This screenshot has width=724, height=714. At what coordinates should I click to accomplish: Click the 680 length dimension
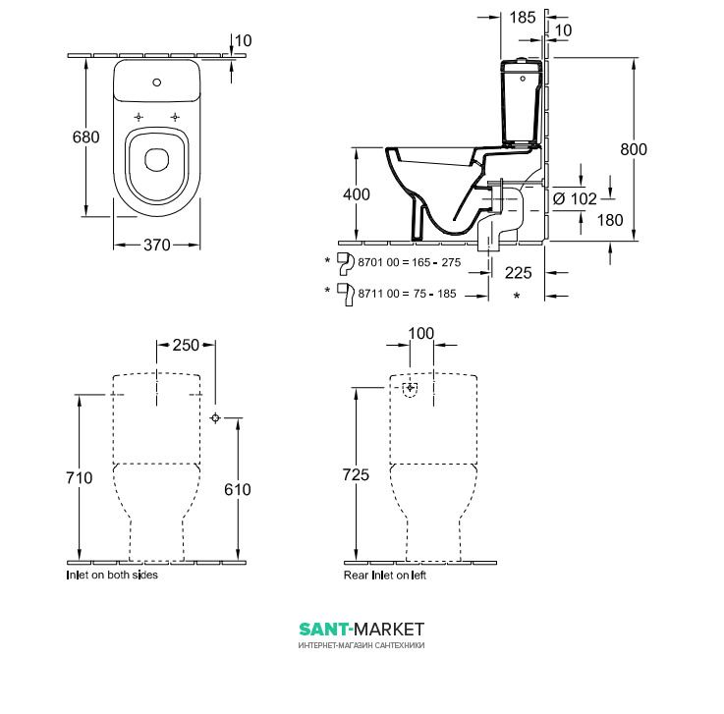click(x=85, y=137)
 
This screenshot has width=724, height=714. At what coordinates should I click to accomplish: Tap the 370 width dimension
click(x=157, y=245)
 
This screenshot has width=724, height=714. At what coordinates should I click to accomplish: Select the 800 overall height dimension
click(x=634, y=149)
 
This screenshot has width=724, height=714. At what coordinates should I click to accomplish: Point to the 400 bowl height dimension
click(x=357, y=194)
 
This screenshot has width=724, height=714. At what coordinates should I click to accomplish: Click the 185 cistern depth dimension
click(x=523, y=18)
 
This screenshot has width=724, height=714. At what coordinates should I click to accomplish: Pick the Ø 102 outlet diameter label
click(x=575, y=199)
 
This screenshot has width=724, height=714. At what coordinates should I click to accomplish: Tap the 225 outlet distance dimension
click(x=518, y=273)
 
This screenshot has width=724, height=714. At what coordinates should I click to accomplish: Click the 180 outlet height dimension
click(x=610, y=220)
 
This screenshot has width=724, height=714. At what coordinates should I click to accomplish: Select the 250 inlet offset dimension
click(x=186, y=345)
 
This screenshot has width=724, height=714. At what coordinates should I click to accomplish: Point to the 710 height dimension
click(x=80, y=477)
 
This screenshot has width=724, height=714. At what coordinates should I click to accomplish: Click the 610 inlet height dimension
click(x=238, y=489)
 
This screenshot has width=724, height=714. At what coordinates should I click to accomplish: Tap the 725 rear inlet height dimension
click(x=356, y=474)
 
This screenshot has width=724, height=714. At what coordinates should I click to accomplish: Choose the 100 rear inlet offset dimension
click(x=421, y=333)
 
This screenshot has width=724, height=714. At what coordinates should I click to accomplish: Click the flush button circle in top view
click(x=156, y=82)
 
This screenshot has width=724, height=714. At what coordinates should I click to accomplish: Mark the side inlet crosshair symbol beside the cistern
click(x=215, y=417)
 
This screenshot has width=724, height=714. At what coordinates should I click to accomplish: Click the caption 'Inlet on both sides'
click(x=112, y=576)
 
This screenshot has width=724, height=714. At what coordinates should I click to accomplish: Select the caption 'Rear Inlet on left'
click(x=385, y=576)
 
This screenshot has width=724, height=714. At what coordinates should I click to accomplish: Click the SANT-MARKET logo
click(x=362, y=630)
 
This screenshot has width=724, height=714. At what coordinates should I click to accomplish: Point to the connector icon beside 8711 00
click(x=346, y=295)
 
